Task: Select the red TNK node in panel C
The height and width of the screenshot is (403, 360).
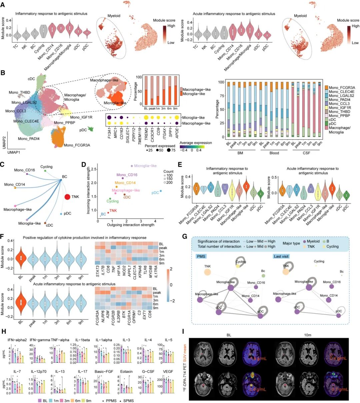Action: click(x=67, y=197)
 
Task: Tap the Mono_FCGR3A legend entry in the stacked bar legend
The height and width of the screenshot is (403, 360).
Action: click(x=341, y=87)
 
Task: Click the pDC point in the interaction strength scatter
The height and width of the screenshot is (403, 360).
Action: click(x=161, y=191)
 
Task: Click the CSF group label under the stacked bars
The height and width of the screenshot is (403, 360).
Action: click(x=305, y=153)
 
